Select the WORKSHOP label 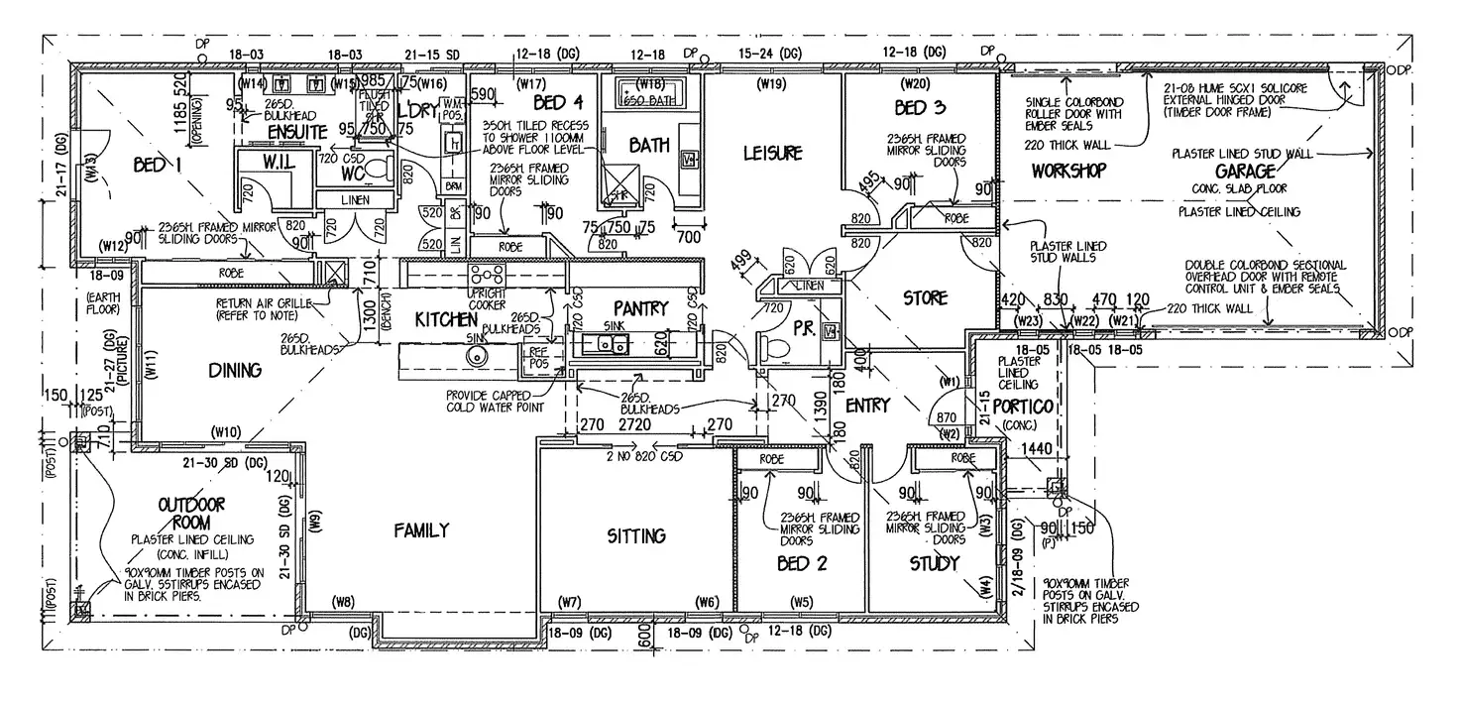pos(1067,171)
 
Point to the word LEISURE pos(771,154)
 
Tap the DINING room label pos(235,371)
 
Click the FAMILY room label pos(421,530)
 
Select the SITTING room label pos(635,536)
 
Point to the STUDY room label pos(935,564)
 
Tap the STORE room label pos(924,297)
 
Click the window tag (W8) pos(344,601)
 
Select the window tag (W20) pos(912,84)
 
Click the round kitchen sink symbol pos(478,356)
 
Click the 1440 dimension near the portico pos(1036,450)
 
